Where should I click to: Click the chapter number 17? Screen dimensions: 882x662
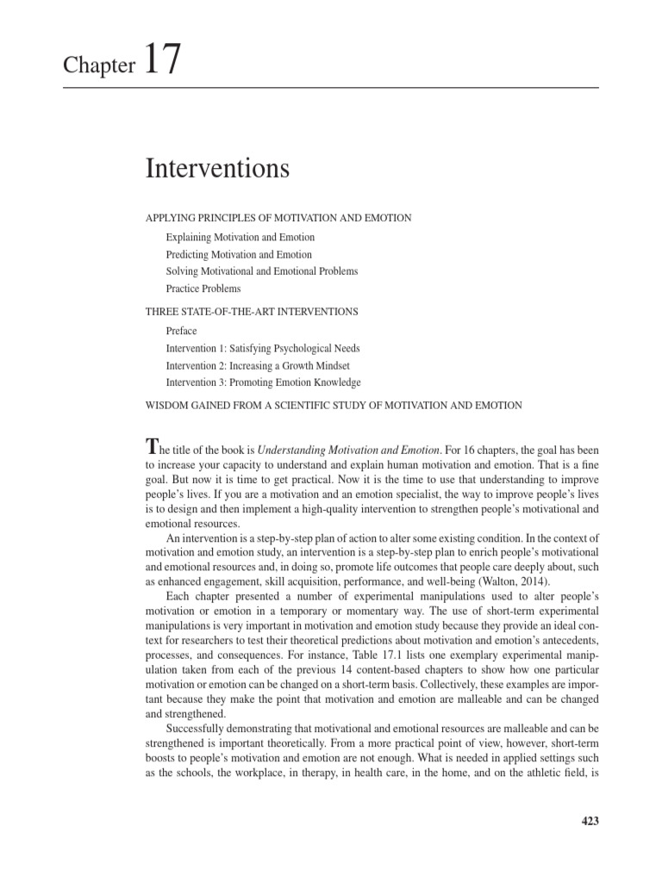pos(162,61)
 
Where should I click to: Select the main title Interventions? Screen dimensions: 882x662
pos(217,169)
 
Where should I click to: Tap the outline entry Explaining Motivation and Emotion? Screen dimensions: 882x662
pos(240,237)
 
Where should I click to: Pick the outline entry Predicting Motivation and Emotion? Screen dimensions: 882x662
pos(239,254)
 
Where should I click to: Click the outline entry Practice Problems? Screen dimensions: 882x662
pos(203,289)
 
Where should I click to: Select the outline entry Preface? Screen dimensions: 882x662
pos(181,331)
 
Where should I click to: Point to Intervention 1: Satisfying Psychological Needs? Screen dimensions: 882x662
pos(263,348)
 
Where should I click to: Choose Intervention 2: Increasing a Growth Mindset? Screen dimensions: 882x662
pos(258,365)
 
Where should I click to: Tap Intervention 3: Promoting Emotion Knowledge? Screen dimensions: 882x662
pos(263,382)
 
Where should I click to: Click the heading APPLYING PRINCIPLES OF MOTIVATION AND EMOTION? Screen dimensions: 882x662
pos(278,218)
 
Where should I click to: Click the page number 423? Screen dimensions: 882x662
pos(590,821)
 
